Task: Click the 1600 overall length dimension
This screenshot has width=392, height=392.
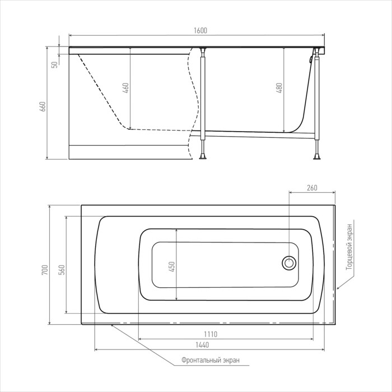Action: tap(200, 30)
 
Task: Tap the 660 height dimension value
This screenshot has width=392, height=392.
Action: tap(43, 106)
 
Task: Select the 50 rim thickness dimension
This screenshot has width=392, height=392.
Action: tap(54, 64)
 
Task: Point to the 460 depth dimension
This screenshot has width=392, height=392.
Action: tap(125, 88)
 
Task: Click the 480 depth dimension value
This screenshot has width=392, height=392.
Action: tap(279, 88)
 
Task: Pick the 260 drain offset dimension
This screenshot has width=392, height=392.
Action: tap(312, 188)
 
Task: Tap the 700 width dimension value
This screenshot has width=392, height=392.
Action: tap(44, 270)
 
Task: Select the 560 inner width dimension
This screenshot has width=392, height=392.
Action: tap(61, 270)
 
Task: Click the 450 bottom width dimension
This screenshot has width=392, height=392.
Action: tap(172, 267)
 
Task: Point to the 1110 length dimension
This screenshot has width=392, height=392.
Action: tap(211, 334)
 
